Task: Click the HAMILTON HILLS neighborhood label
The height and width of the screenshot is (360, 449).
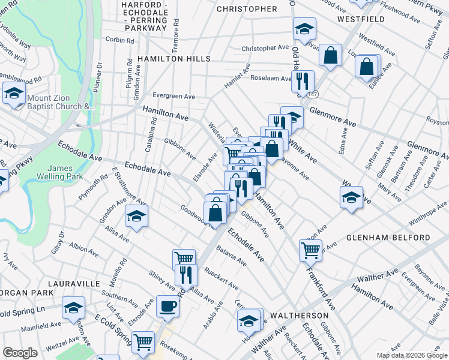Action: pos(174,59)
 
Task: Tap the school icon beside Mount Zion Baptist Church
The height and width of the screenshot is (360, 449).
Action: pos(14,93)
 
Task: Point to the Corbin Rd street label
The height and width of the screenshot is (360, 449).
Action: pos(119,40)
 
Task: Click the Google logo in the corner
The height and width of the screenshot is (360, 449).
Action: pos(20,353)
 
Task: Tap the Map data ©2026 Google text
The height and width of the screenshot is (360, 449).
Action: pos(411,355)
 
